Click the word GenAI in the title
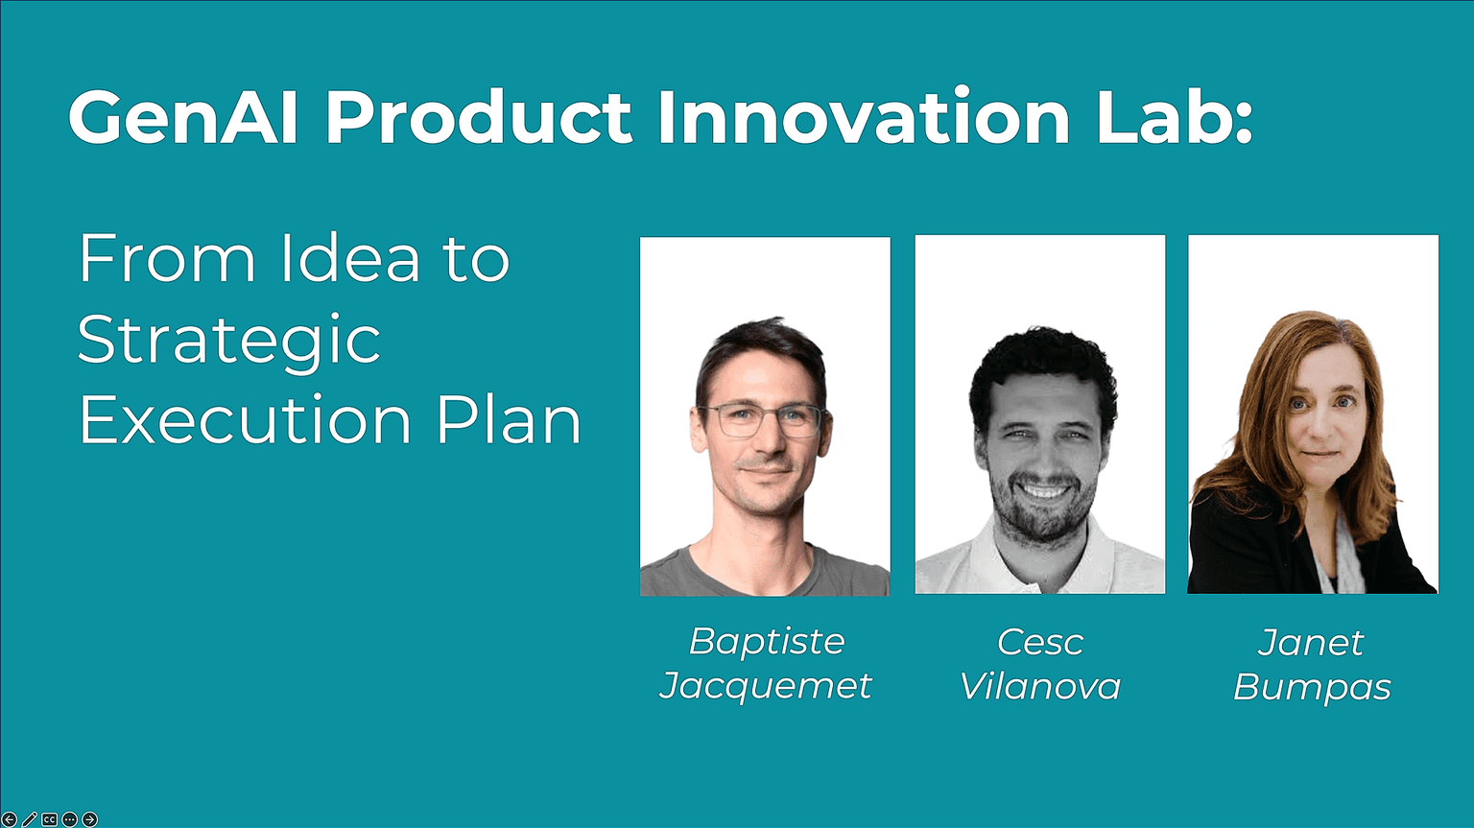coord(183,117)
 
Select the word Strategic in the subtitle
coord(229,342)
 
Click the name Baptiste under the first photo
coord(767,642)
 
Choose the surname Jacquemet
coord(765,687)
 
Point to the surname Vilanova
coord(1039,686)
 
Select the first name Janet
coord(1310,642)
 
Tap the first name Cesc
coord(1039,642)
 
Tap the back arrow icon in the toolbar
coord(10,819)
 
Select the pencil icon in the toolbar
coord(29,819)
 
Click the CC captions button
coord(49,819)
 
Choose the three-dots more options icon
coord(69,819)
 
